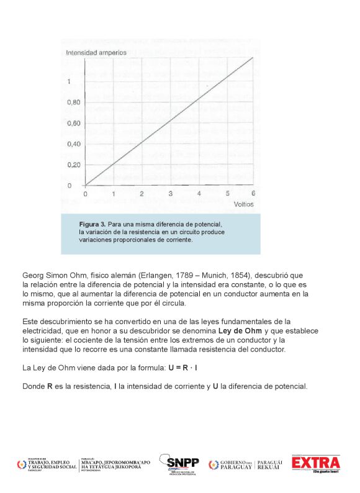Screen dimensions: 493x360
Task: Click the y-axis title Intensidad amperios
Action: click(96, 53)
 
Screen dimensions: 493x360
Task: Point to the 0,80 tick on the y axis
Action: click(74, 102)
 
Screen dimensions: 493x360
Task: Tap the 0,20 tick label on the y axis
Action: click(74, 165)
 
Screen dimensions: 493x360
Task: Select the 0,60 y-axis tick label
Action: click(74, 124)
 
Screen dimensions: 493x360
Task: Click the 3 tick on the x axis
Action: click(171, 194)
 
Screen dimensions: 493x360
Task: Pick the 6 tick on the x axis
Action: click(253, 194)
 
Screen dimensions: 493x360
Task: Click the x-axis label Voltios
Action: click(244, 204)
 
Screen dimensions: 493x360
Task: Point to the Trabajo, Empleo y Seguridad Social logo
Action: click(46, 464)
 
